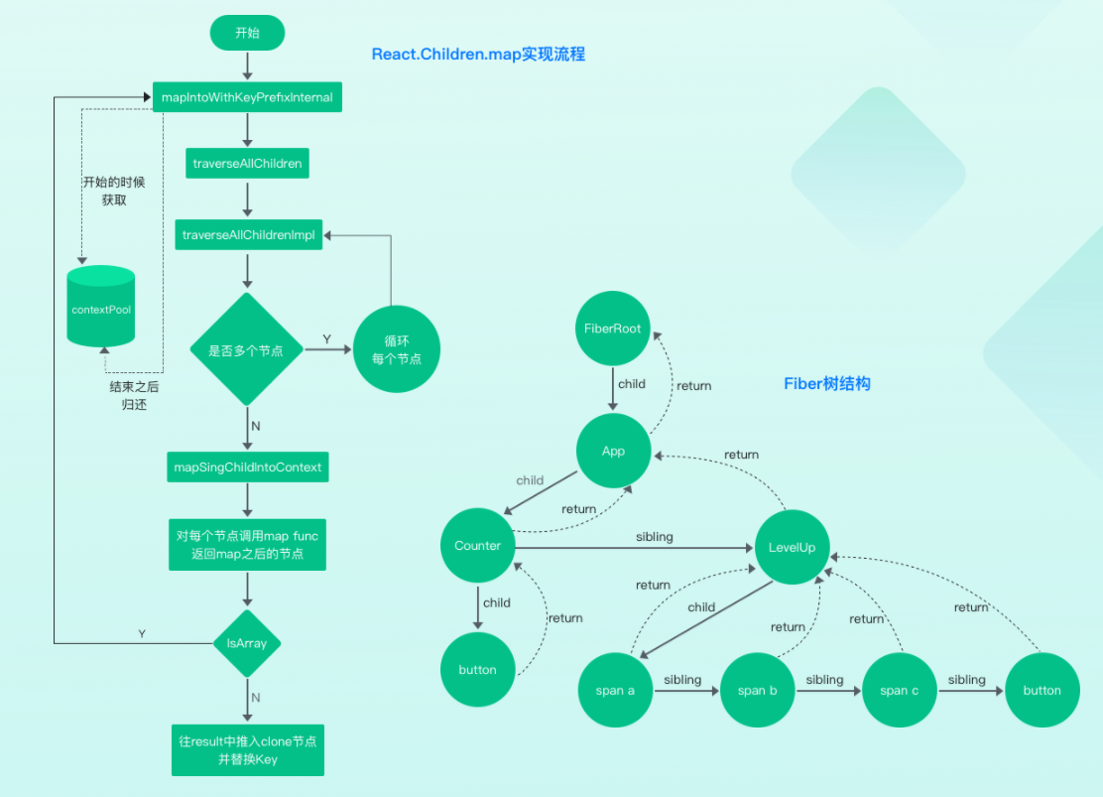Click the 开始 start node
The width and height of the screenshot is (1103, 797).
pos(247,34)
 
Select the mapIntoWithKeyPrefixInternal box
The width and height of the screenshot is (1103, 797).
pos(247,97)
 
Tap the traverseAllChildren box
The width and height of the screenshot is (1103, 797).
pos(247,163)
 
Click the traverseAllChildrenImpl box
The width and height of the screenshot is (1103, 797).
pos(248,235)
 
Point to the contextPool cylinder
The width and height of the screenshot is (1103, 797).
pos(101,308)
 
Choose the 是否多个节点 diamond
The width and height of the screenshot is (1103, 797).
pos(246,350)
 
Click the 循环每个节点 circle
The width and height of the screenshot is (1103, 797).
pos(396,349)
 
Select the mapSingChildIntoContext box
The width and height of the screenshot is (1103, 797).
pos(247,466)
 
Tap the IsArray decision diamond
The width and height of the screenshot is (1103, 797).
pos(247,644)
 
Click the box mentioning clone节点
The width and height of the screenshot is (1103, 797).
pos(247,750)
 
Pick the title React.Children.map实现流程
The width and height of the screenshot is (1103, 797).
pos(478,55)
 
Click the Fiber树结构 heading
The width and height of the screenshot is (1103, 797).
pos(826,383)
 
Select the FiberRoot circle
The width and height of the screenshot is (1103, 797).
pos(613,329)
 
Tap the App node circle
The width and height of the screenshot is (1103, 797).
pos(613,451)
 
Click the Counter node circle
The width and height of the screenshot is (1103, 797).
pos(477,546)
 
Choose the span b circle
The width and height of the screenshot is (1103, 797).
pos(757,691)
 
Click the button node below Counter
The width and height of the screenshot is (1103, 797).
pos(477,670)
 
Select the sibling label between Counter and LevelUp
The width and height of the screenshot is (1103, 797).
pos(654,537)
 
